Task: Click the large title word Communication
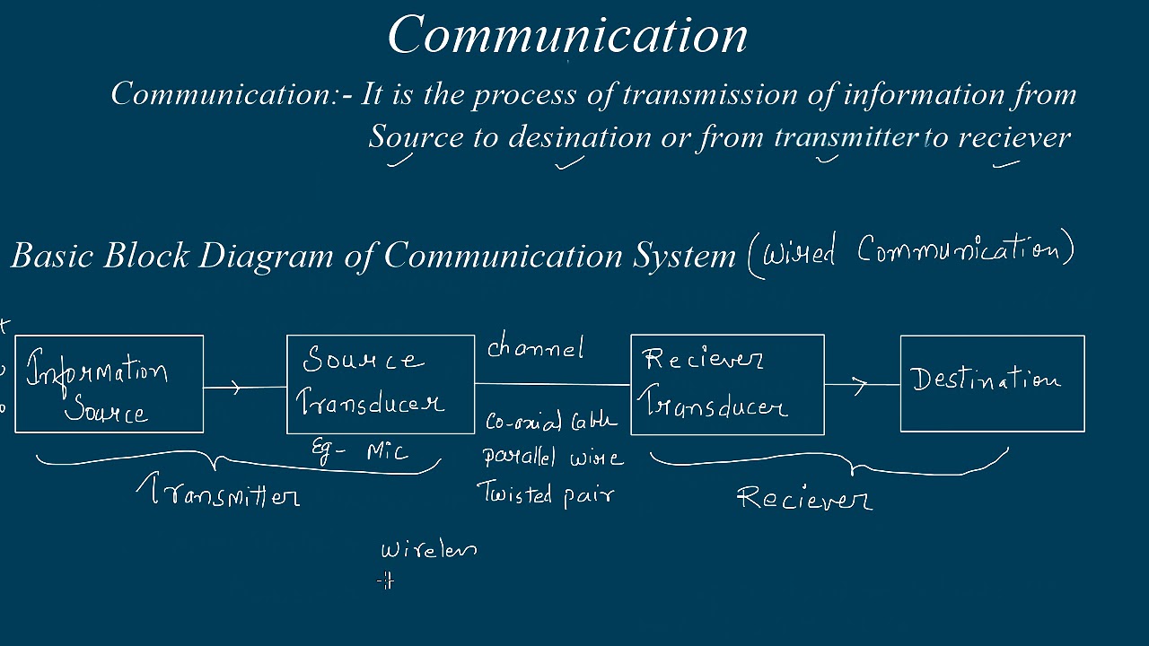(x=567, y=36)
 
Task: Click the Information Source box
(x=110, y=384)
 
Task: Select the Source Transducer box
(x=381, y=384)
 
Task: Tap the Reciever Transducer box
(x=727, y=384)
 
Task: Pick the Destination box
(x=992, y=383)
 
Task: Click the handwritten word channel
(x=536, y=348)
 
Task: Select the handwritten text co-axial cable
(x=551, y=421)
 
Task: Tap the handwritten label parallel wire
(x=552, y=458)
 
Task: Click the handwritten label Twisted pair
(x=545, y=494)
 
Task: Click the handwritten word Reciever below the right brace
(x=803, y=498)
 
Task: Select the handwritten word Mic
(x=388, y=450)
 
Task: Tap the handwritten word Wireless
(x=428, y=549)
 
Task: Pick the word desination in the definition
(x=579, y=137)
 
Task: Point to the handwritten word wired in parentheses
(x=799, y=251)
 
